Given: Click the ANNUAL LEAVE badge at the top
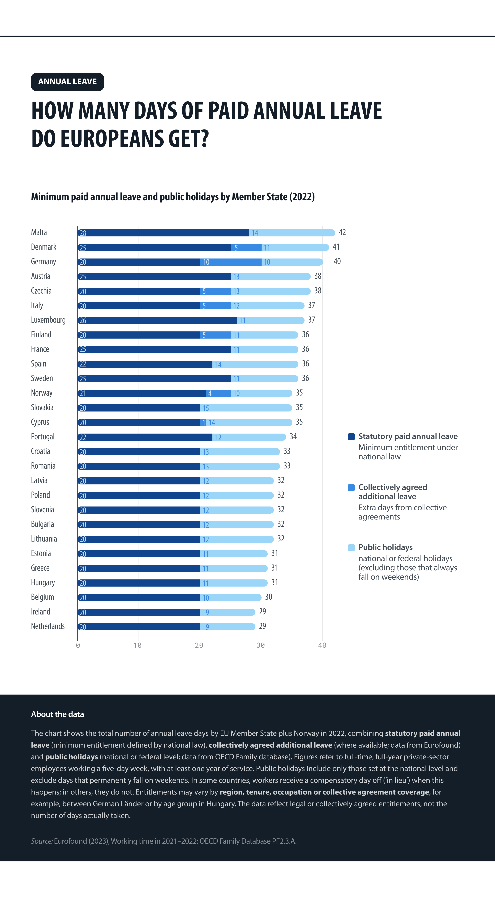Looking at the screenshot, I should [x=67, y=82].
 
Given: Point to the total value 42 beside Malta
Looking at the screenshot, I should [x=342, y=232].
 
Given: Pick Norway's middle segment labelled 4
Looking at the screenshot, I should [x=218, y=393].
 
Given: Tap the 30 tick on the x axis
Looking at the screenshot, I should [x=260, y=645].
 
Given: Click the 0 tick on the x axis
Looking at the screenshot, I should [x=78, y=645].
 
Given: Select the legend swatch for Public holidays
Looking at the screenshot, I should [x=351, y=548].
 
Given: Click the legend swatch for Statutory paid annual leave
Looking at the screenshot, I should [x=351, y=437].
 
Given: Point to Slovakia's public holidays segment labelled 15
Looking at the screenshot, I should [x=246, y=408].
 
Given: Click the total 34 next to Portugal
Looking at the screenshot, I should [x=293, y=436].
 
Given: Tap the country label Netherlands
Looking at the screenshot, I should [x=48, y=626].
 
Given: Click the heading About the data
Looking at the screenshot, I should [x=58, y=714].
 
